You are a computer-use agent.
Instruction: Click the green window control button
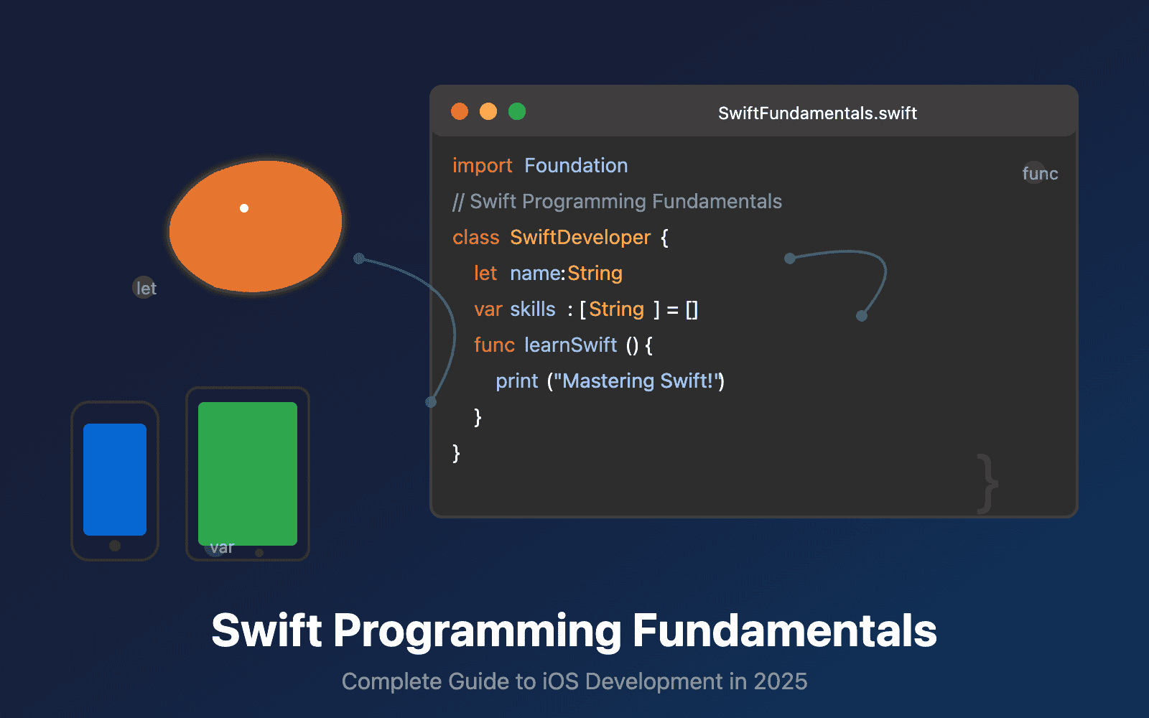517,111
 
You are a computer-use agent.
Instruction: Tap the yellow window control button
488,111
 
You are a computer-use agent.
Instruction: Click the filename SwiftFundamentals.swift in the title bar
817,113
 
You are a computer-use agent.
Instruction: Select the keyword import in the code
482,166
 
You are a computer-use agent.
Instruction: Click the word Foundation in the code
576,166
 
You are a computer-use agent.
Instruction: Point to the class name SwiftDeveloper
580,238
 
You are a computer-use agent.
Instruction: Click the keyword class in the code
475,238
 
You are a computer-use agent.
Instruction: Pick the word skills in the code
533,309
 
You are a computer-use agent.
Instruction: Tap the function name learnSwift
570,345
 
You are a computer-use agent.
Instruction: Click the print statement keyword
516,381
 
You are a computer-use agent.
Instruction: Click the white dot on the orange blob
244,208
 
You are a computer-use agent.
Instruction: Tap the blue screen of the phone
115,479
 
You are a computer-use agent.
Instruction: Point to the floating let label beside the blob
146,288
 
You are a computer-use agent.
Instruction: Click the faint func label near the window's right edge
1039,173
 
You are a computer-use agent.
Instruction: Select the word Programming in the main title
477,631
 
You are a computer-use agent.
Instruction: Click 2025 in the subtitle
780,681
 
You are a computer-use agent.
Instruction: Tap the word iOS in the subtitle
559,681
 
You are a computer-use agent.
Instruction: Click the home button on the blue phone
115,546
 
